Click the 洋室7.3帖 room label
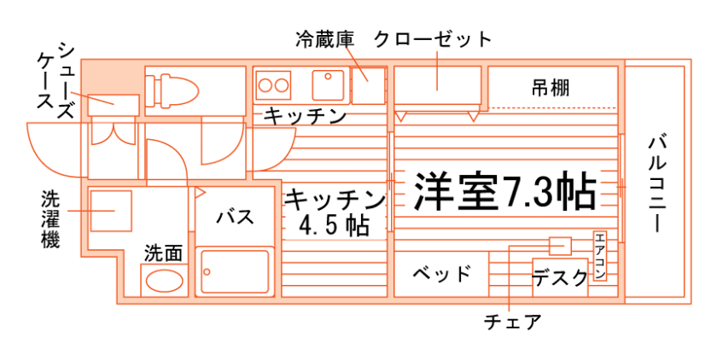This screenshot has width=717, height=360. [x=504, y=192]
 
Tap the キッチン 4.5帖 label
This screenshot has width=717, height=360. [x=334, y=213]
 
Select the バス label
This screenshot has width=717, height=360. [x=234, y=216]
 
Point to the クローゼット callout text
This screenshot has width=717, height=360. [x=433, y=39]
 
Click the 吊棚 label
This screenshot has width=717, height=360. [x=551, y=87]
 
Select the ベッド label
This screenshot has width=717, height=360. [x=441, y=274]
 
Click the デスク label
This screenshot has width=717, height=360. [x=559, y=277]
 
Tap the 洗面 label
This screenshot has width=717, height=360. [x=163, y=253]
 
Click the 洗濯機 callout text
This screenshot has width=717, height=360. [x=50, y=218]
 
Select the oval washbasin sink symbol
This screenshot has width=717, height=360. [x=163, y=280]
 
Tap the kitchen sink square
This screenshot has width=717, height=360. [x=328, y=84]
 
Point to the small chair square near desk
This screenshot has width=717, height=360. [x=560, y=246]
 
